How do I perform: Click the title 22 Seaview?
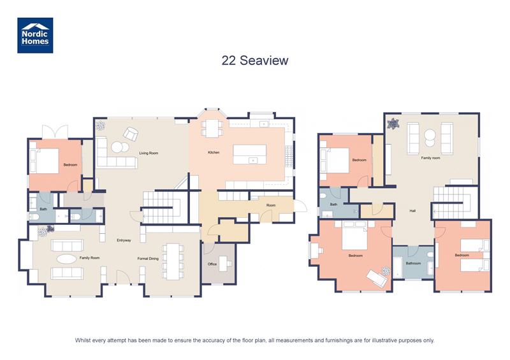click(x=255, y=61)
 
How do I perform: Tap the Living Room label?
click(x=149, y=153)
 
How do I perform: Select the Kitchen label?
click(x=214, y=153)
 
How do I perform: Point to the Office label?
click(x=212, y=264)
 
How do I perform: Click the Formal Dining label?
click(x=148, y=258)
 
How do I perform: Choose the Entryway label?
click(x=124, y=240)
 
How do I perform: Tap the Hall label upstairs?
click(x=412, y=212)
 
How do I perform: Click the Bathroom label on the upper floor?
click(x=413, y=263)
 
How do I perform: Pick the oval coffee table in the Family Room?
click(x=66, y=259)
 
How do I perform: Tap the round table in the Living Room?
click(x=117, y=147)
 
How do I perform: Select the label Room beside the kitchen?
click(x=271, y=205)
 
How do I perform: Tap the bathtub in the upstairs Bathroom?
click(x=398, y=268)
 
